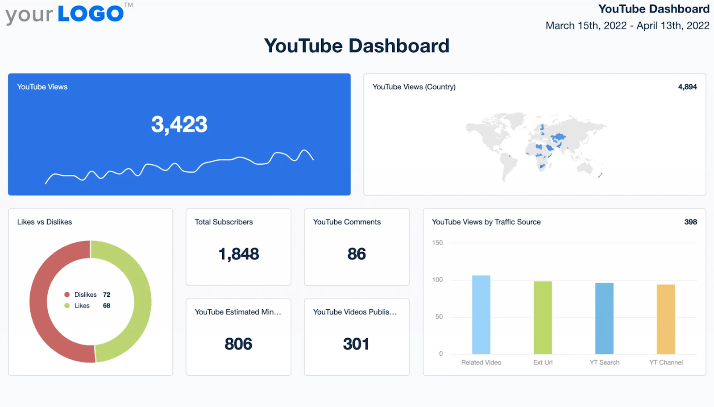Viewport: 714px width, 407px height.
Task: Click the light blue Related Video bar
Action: (x=481, y=315)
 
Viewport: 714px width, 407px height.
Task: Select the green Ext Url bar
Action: (x=543, y=317)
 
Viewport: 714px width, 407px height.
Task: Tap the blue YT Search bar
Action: (x=604, y=318)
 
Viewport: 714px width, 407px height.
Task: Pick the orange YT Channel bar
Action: (x=666, y=319)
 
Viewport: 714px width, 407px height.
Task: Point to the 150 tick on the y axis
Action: (x=437, y=243)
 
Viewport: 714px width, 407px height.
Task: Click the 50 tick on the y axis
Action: (x=439, y=317)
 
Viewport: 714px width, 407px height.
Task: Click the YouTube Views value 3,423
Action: (x=179, y=125)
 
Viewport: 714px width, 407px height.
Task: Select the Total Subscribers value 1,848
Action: (x=239, y=254)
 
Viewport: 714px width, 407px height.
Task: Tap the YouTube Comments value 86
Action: (x=357, y=254)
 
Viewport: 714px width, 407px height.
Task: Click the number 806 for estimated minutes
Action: (x=238, y=344)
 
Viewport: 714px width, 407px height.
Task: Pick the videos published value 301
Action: (x=356, y=344)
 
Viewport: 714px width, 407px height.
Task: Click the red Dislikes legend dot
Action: (x=67, y=295)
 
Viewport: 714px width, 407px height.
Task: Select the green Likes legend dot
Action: (x=67, y=306)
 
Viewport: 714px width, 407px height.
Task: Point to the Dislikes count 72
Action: (x=107, y=295)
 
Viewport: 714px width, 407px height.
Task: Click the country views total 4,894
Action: (x=687, y=87)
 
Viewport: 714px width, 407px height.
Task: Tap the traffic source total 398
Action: (x=690, y=222)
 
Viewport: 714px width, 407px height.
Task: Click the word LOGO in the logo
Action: (x=91, y=14)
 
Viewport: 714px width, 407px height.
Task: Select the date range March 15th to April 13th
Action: (x=627, y=26)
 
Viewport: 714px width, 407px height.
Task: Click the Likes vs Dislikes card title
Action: (x=45, y=222)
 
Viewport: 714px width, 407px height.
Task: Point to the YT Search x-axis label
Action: (x=604, y=362)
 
